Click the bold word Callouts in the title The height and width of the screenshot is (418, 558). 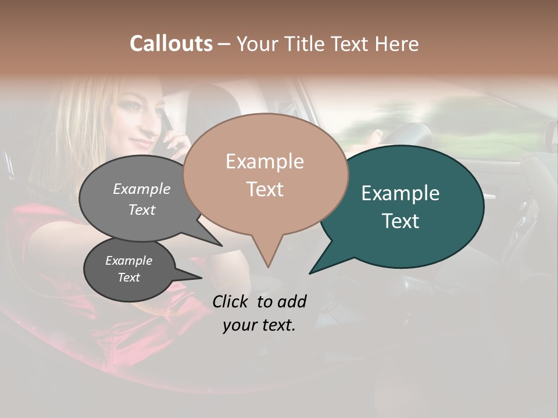coord(171,44)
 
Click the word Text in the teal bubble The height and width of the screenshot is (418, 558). coord(400,221)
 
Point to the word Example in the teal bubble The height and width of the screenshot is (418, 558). coord(400,193)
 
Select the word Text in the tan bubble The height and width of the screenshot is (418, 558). coord(264,189)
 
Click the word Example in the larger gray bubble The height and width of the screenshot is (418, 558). coord(142,189)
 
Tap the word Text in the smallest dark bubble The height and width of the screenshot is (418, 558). coord(129,278)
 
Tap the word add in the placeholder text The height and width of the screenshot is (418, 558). coord(292,301)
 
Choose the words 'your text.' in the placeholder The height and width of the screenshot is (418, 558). coord(259,325)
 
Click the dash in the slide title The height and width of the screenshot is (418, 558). coord(225,44)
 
